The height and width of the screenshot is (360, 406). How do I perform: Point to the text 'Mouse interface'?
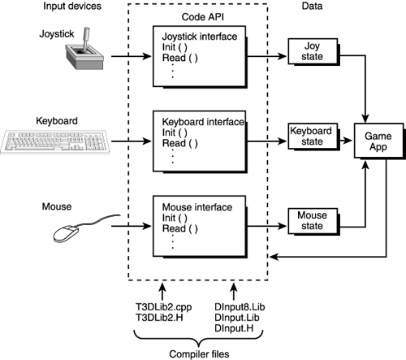(x=201, y=206)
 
